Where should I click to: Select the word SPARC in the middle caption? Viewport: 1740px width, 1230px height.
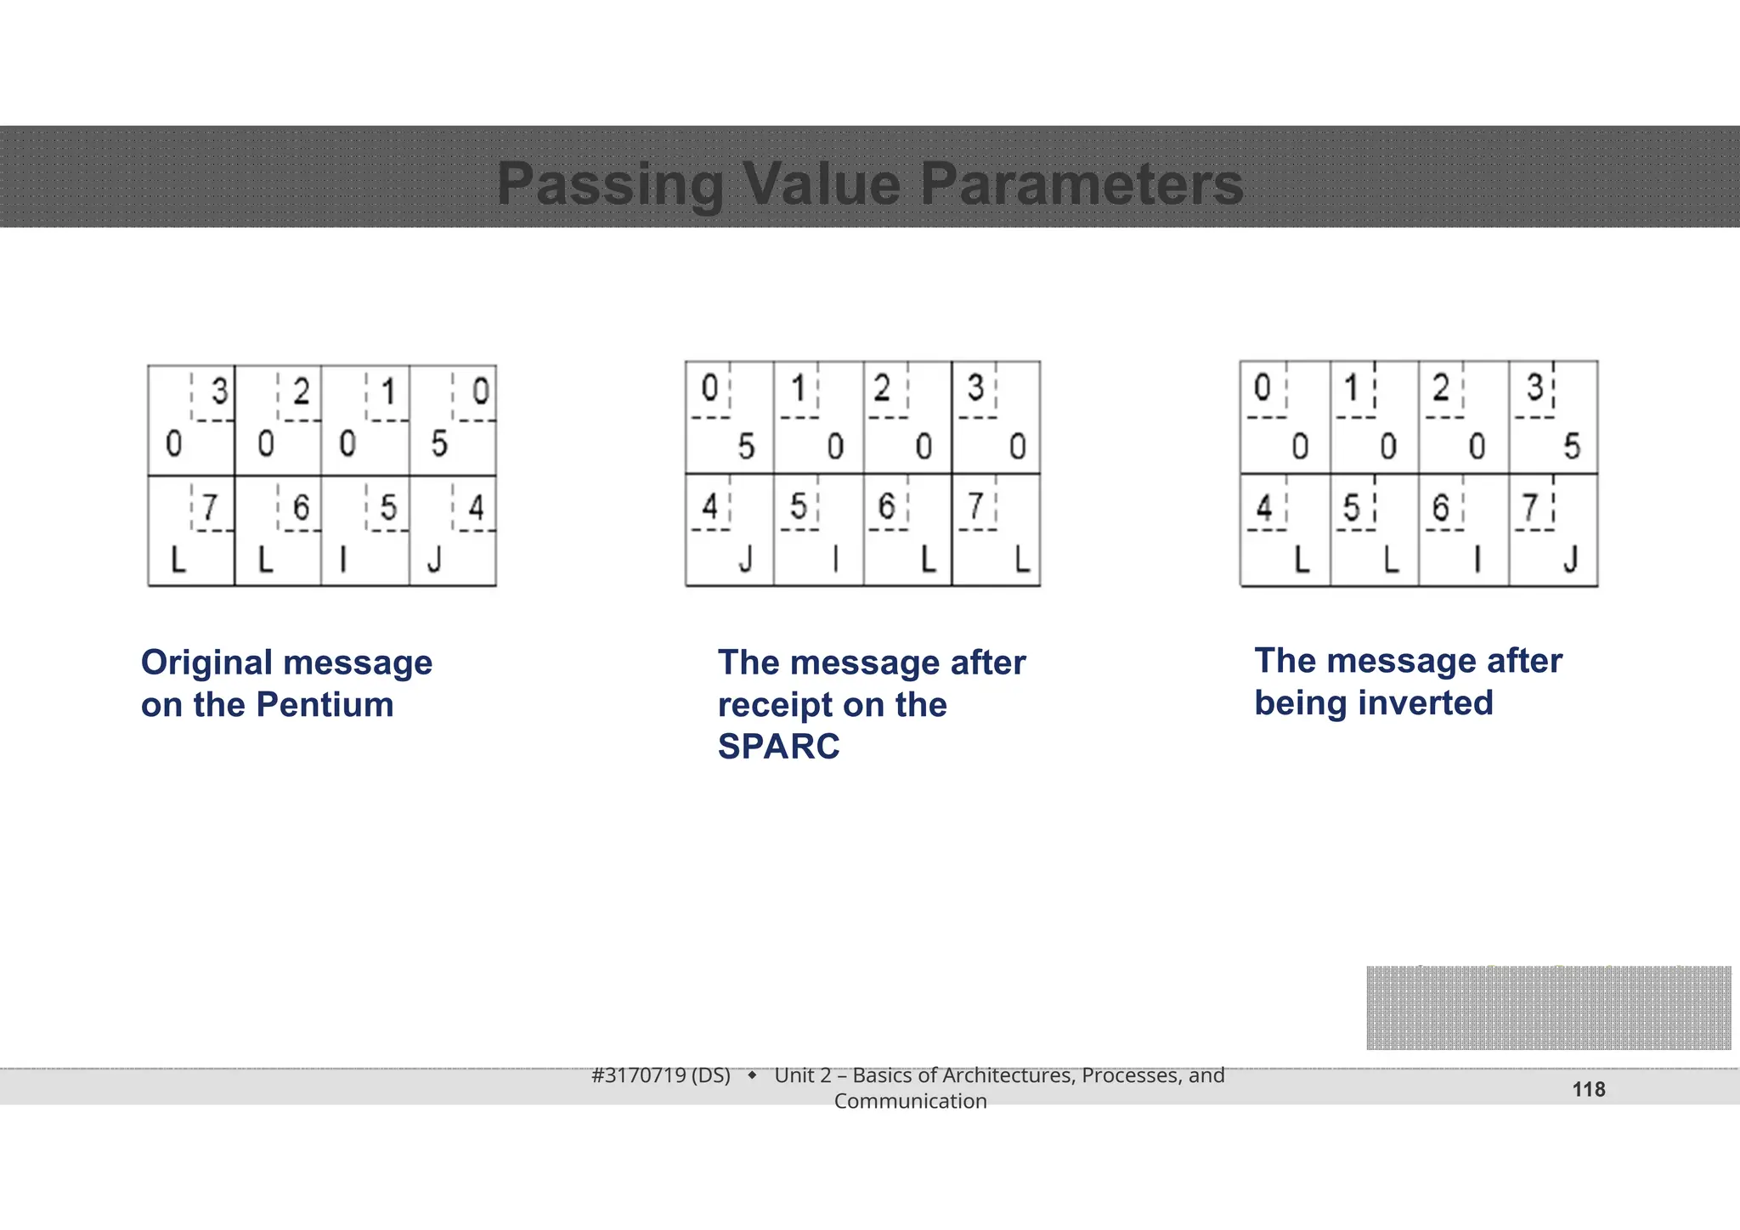[778, 746]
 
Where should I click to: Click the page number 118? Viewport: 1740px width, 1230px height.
[1588, 1089]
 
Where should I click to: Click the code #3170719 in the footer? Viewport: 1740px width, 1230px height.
[638, 1075]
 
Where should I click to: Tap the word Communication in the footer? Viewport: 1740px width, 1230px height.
[910, 1101]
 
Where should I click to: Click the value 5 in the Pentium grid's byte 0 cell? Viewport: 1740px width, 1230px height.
[439, 443]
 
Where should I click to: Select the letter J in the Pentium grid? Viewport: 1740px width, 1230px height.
[435, 560]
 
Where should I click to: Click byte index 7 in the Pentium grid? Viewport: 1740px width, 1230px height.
[209, 507]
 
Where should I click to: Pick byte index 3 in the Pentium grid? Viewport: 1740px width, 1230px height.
[219, 392]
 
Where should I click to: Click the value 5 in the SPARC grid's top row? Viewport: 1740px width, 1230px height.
[746, 446]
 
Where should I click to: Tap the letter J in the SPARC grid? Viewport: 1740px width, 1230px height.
[746, 560]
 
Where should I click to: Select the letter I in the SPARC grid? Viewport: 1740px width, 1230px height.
[836, 560]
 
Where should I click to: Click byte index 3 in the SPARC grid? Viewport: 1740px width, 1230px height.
[975, 388]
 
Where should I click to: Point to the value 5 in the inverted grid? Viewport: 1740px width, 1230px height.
[1572, 446]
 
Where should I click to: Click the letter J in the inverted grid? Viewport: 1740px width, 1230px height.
[1571, 560]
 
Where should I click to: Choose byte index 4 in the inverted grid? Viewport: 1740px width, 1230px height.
[1264, 507]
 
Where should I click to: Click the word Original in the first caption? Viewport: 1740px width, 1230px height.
[207, 663]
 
